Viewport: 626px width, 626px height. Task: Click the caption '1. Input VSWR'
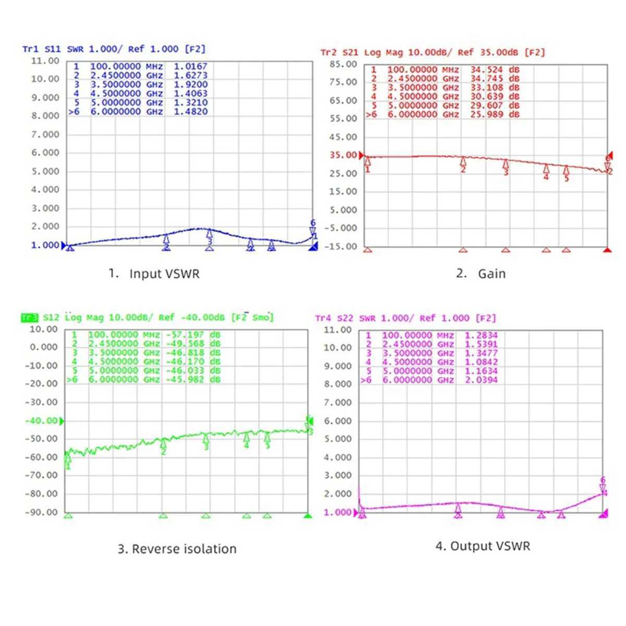pyautogui.click(x=154, y=274)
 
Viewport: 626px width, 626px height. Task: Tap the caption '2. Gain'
pyautogui.click(x=480, y=274)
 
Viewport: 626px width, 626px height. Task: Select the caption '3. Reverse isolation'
pyautogui.click(x=177, y=549)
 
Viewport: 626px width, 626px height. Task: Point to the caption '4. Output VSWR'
pyautogui.click(x=483, y=546)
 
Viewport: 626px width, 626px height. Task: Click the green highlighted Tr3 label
pyautogui.click(x=30, y=318)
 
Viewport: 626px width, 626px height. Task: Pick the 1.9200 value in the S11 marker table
pyautogui.click(x=190, y=85)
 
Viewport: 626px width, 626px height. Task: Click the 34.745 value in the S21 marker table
pyautogui.click(x=487, y=79)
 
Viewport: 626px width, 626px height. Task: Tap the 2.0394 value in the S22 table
pyautogui.click(x=481, y=380)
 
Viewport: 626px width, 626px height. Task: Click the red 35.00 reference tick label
pyautogui.click(x=343, y=155)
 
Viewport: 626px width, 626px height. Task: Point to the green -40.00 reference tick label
pyautogui.click(x=42, y=420)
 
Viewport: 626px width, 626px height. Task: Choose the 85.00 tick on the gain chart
pyautogui.click(x=343, y=64)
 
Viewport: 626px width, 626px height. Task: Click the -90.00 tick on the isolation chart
pyautogui.click(x=42, y=512)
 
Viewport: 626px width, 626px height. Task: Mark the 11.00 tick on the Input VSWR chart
pyautogui.click(x=45, y=61)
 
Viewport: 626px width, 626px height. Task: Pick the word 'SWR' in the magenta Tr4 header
pyautogui.click(x=368, y=318)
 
